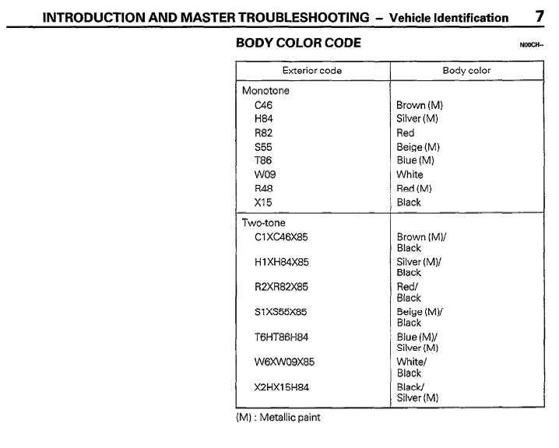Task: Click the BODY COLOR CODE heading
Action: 298,44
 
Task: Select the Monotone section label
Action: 264,89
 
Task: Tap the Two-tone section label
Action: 264,222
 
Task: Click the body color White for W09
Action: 410,174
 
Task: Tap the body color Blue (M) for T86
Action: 413,160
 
